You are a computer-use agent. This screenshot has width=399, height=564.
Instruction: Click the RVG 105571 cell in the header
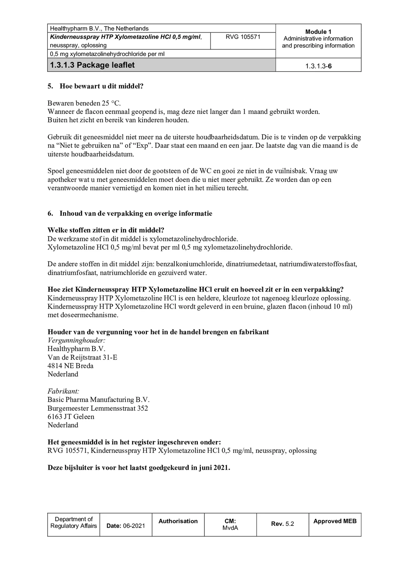[x=242, y=37]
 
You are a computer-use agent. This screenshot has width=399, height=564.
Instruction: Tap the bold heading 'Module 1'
[x=318, y=32]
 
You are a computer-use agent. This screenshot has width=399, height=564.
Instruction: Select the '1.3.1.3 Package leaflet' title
[x=92, y=65]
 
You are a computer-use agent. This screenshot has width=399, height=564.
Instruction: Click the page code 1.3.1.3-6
[x=318, y=66]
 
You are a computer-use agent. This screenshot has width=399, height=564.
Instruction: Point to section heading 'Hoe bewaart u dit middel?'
[x=101, y=86]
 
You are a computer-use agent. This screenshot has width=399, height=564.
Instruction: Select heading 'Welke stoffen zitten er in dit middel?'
[x=106, y=230]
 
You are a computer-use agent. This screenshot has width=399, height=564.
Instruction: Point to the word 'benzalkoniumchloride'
[x=189, y=264]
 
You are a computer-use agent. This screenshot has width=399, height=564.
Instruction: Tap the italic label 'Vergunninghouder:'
[x=76, y=340]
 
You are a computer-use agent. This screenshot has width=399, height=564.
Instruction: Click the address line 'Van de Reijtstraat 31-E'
[x=82, y=357]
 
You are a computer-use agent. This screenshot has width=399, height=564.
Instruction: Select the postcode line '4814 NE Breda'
[x=71, y=366]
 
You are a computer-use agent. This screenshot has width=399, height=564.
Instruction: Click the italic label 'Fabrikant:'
[x=63, y=391]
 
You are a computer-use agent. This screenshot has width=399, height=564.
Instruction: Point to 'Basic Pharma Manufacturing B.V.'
[x=99, y=400]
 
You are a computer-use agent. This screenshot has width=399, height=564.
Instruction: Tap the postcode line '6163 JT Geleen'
[x=71, y=416]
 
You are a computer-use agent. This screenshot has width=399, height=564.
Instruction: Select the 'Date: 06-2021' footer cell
[x=126, y=526]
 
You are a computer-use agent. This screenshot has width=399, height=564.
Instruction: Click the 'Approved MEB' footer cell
[x=335, y=521]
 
